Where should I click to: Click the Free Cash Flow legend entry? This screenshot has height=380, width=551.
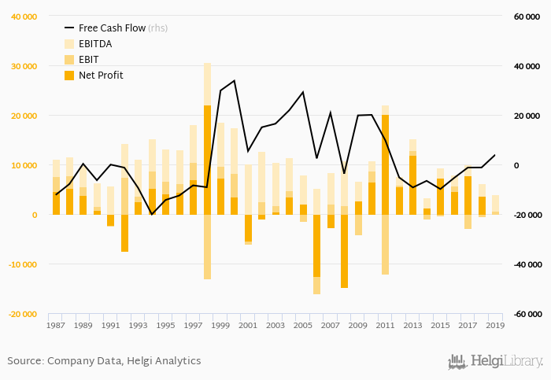click(x=115, y=28)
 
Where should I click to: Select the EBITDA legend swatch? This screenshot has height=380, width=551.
click(x=68, y=44)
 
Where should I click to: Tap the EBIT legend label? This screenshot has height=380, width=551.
click(x=90, y=60)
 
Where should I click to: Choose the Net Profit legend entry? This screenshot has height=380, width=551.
click(x=101, y=76)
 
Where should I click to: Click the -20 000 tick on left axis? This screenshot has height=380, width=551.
click(x=24, y=314)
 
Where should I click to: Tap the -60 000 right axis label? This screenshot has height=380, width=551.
click(x=527, y=314)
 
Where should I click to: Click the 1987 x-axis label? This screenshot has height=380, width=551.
click(x=55, y=325)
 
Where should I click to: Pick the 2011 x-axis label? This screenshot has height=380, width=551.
click(x=385, y=325)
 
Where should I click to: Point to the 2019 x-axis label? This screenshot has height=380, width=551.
click(x=495, y=325)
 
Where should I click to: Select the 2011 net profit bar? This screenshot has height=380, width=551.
click(x=386, y=164)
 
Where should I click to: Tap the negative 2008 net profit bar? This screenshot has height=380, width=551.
click(x=344, y=251)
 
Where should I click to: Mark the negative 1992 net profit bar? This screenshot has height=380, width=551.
click(x=124, y=233)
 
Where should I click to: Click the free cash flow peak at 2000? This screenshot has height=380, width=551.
click(x=235, y=80)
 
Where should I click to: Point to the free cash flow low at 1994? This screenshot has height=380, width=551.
click(x=152, y=214)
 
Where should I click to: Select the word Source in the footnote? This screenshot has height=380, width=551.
click(x=24, y=361)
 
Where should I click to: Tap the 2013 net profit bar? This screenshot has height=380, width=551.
click(x=412, y=185)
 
